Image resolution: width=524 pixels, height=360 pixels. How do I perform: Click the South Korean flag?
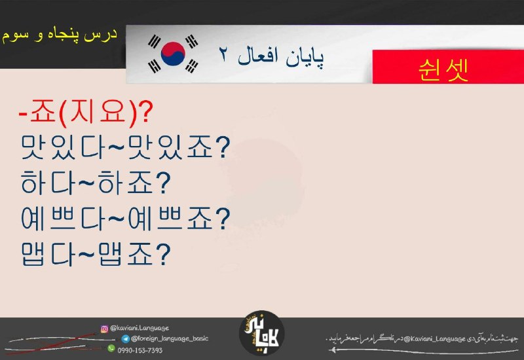[173, 54]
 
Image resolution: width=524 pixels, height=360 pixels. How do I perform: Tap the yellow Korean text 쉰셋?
[443, 70]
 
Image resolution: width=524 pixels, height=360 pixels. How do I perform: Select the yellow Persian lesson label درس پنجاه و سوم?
[60, 35]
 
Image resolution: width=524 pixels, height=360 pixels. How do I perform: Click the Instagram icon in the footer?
[104, 329]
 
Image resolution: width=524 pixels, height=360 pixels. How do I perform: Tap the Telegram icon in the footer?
[126, 339]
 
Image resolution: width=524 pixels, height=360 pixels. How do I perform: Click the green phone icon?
[111, 349]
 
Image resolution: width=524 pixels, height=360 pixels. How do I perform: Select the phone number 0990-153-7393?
[140, 350]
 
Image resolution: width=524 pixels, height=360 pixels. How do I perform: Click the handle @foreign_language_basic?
[170, 338]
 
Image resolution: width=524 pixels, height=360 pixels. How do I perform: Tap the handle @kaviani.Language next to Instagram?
[140, 328]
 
